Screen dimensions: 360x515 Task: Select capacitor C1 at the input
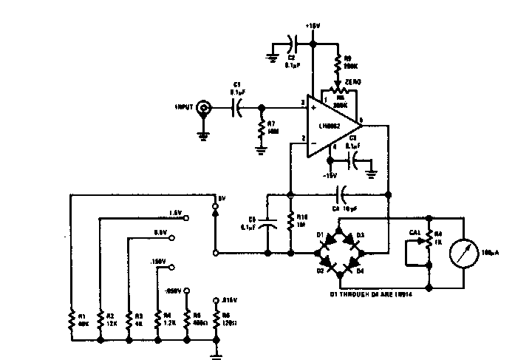click(x=237, y=108)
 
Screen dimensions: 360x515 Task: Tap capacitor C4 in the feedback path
click(x=341, y=195)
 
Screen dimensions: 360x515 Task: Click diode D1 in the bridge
click(x=327, y=238)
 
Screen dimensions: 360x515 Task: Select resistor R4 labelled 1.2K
click(x=157, y=319)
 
